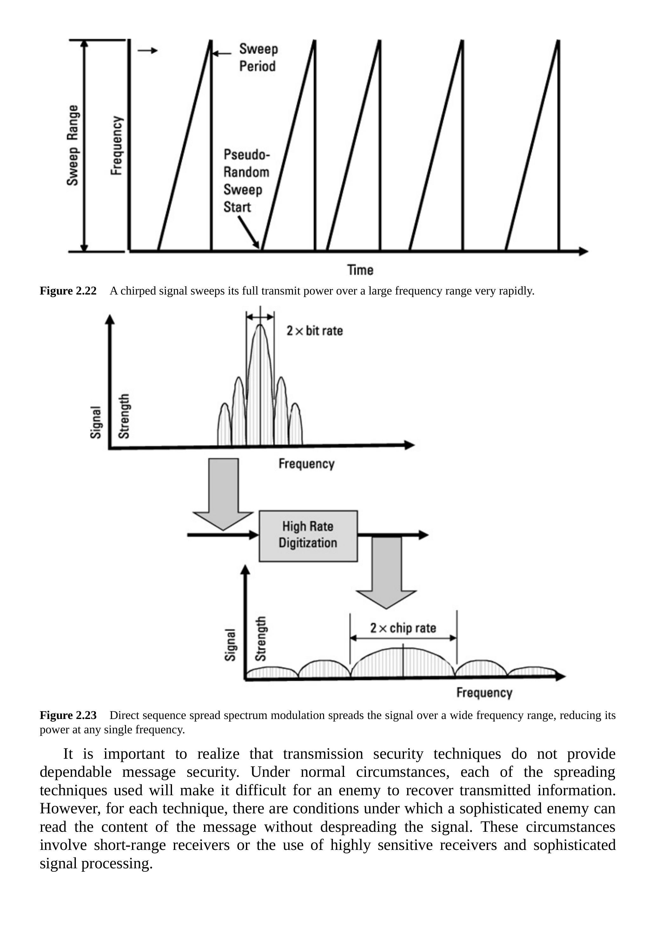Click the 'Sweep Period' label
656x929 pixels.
[258, 58]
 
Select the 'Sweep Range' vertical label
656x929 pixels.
[73, 145]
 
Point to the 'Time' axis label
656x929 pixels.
[360, 270]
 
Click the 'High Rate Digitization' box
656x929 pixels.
[308, 536]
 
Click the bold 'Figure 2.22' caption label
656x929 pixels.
[68, 291]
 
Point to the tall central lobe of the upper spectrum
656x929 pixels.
[260, 389]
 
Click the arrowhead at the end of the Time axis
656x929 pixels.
[583, 251]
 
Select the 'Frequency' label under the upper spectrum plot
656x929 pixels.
[306, 464]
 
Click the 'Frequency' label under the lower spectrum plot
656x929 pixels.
[484, 692]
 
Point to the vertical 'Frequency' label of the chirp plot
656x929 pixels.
[116, 145]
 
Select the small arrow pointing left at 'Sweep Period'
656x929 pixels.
[221, 53]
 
